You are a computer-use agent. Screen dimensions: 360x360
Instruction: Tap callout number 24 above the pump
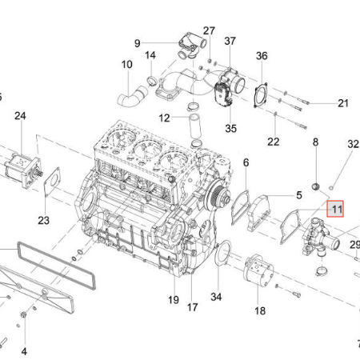[20, 116]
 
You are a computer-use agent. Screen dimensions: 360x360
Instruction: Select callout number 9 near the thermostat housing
[138, 43]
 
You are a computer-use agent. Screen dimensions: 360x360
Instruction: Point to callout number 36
[262, 56]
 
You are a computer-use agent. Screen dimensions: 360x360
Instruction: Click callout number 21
[343, 103]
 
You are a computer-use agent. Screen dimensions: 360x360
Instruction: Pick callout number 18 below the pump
[260, 311]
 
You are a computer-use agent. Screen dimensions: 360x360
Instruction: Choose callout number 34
[216, 297]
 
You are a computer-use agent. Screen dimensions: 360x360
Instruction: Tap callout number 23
[44, 221]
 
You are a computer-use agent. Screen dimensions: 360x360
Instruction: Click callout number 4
[24, 351]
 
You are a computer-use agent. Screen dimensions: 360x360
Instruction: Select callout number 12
[164, 118]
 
